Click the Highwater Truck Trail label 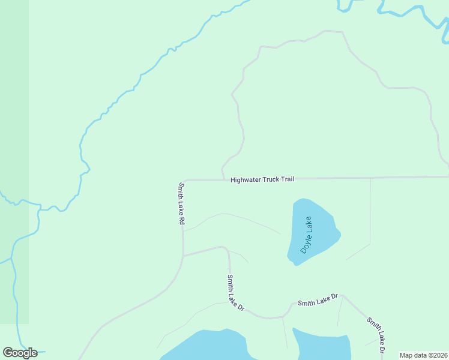[x=262, y=179]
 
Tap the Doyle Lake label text [x=307, y=235]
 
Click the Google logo [x=20, y=353]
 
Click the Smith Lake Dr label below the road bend [x=235, y=293]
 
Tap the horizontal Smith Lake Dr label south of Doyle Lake [x=319, y=300]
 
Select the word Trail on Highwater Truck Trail [x=287, y=179]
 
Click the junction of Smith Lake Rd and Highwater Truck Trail [x=184, y=180]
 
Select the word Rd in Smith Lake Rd [x=181, y=220]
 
